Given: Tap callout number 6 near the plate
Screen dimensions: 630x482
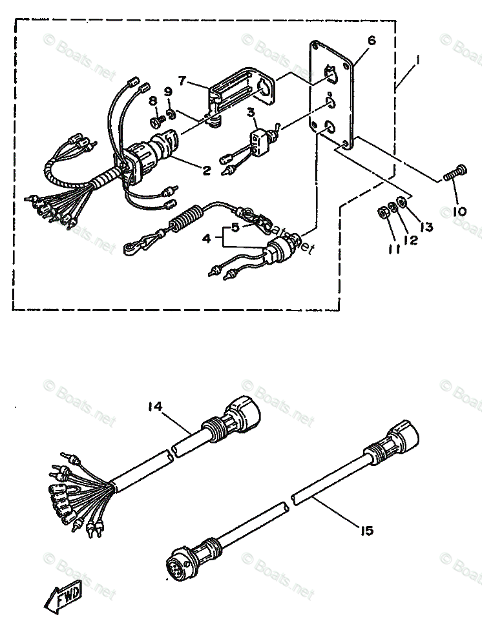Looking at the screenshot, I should click(372, 41).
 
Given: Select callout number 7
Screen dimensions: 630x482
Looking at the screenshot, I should click(182, 81).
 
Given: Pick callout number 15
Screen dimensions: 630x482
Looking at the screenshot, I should click(366, 531).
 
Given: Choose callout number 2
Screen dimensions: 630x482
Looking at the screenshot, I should click(206, 170).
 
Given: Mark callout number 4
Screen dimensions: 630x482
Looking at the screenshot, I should click(206, 238).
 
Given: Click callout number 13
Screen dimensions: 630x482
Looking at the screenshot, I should click(427, 227).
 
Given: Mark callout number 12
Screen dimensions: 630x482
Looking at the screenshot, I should click(410, 239).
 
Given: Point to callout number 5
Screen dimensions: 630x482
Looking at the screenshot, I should click(235, 227).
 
